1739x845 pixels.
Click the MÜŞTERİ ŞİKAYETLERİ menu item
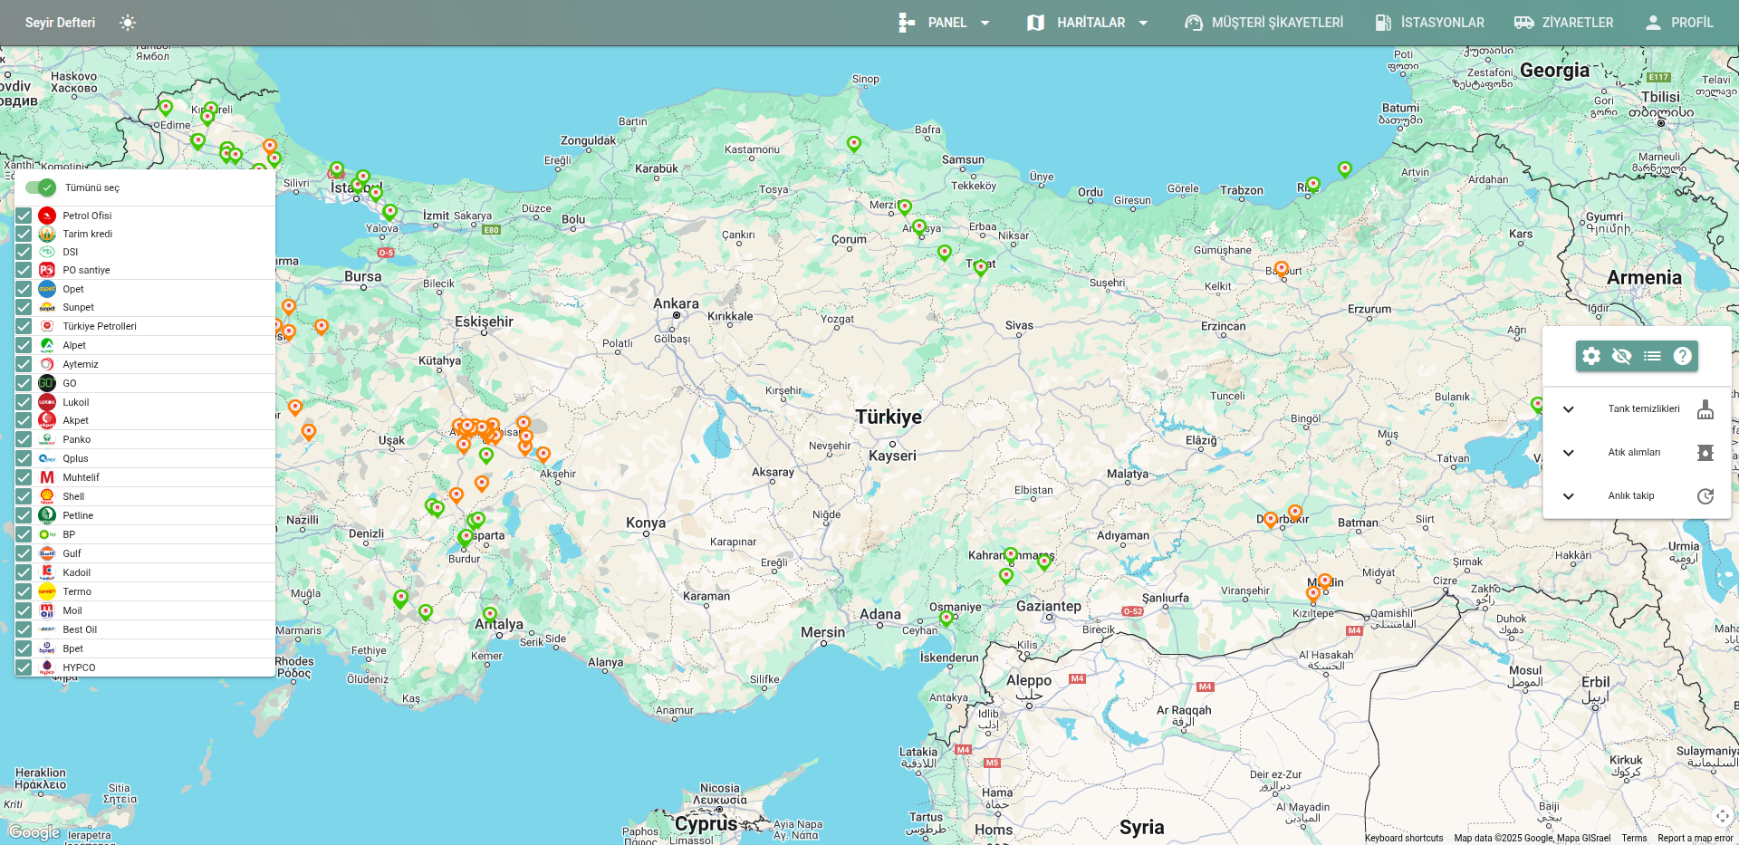(x=1264, y=23)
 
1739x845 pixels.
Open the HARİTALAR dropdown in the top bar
(x=1088, y=23)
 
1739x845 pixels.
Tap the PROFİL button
(x=1679, y=23)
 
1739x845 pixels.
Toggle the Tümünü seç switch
(x=41, y=187)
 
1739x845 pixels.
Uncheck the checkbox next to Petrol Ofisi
(x=24, y=216)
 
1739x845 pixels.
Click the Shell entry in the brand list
(x=73, y=496)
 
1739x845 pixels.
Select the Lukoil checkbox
(x=24, y=402)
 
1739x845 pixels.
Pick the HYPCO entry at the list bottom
(x=79, y=667)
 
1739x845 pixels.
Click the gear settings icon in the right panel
(x=1591, y=356)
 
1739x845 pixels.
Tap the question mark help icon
(x=1682, y=356)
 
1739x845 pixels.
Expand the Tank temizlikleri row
(x=1569, y=409)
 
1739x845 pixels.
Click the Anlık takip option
(x=1631, y=496)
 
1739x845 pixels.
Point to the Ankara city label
(x=676, y=304)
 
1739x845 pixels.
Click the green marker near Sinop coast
(x=853, y=143)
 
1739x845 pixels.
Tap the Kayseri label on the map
(x=892, y=456)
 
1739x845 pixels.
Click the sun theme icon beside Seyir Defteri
(x=128, y=23)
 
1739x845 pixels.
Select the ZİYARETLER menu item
(x=1564, y=23)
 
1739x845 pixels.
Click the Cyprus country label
(x=706, y=824)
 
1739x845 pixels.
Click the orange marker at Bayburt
(x=1281, y=268)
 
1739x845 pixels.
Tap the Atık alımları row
(x=1634, y=453)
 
